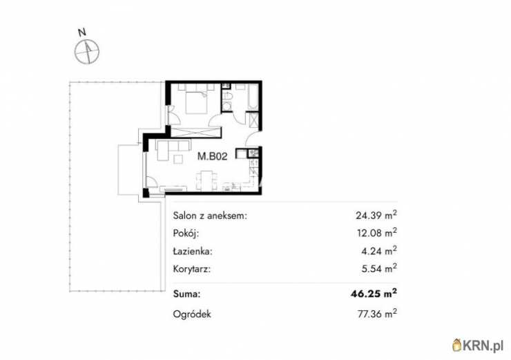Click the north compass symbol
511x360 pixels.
[88, 50]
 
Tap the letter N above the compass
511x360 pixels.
[81, 32]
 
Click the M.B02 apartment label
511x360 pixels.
[213, 157]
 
